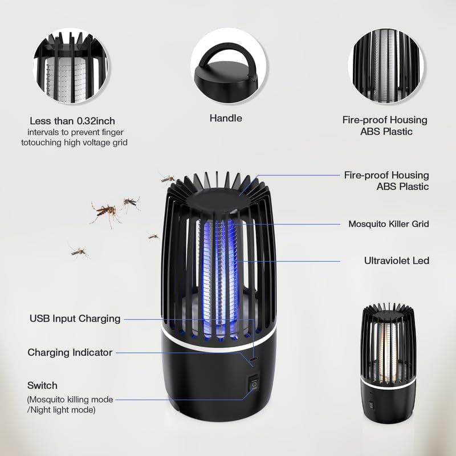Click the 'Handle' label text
[x=226, y=118]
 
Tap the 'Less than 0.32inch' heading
[x=72, y=121]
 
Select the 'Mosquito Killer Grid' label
[x=389, y=223]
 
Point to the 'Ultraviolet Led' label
[x=396, y=260]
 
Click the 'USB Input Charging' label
[x=75, y=319]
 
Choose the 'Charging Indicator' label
[x=70, y=352]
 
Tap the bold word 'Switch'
[x=42, y=385]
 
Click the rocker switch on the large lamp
[x=254, y=384]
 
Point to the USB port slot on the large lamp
[x=254, y=359]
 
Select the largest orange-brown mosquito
[x=105, y=212]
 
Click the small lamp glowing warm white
[x=388, y=363]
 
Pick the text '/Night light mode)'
[x=61, y=410]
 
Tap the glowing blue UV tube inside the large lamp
[x=219, y=276]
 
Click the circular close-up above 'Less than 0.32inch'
[x=71, y=66]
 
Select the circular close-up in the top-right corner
[x=386, y=66]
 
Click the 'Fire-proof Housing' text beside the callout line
[x=386, y=175]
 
